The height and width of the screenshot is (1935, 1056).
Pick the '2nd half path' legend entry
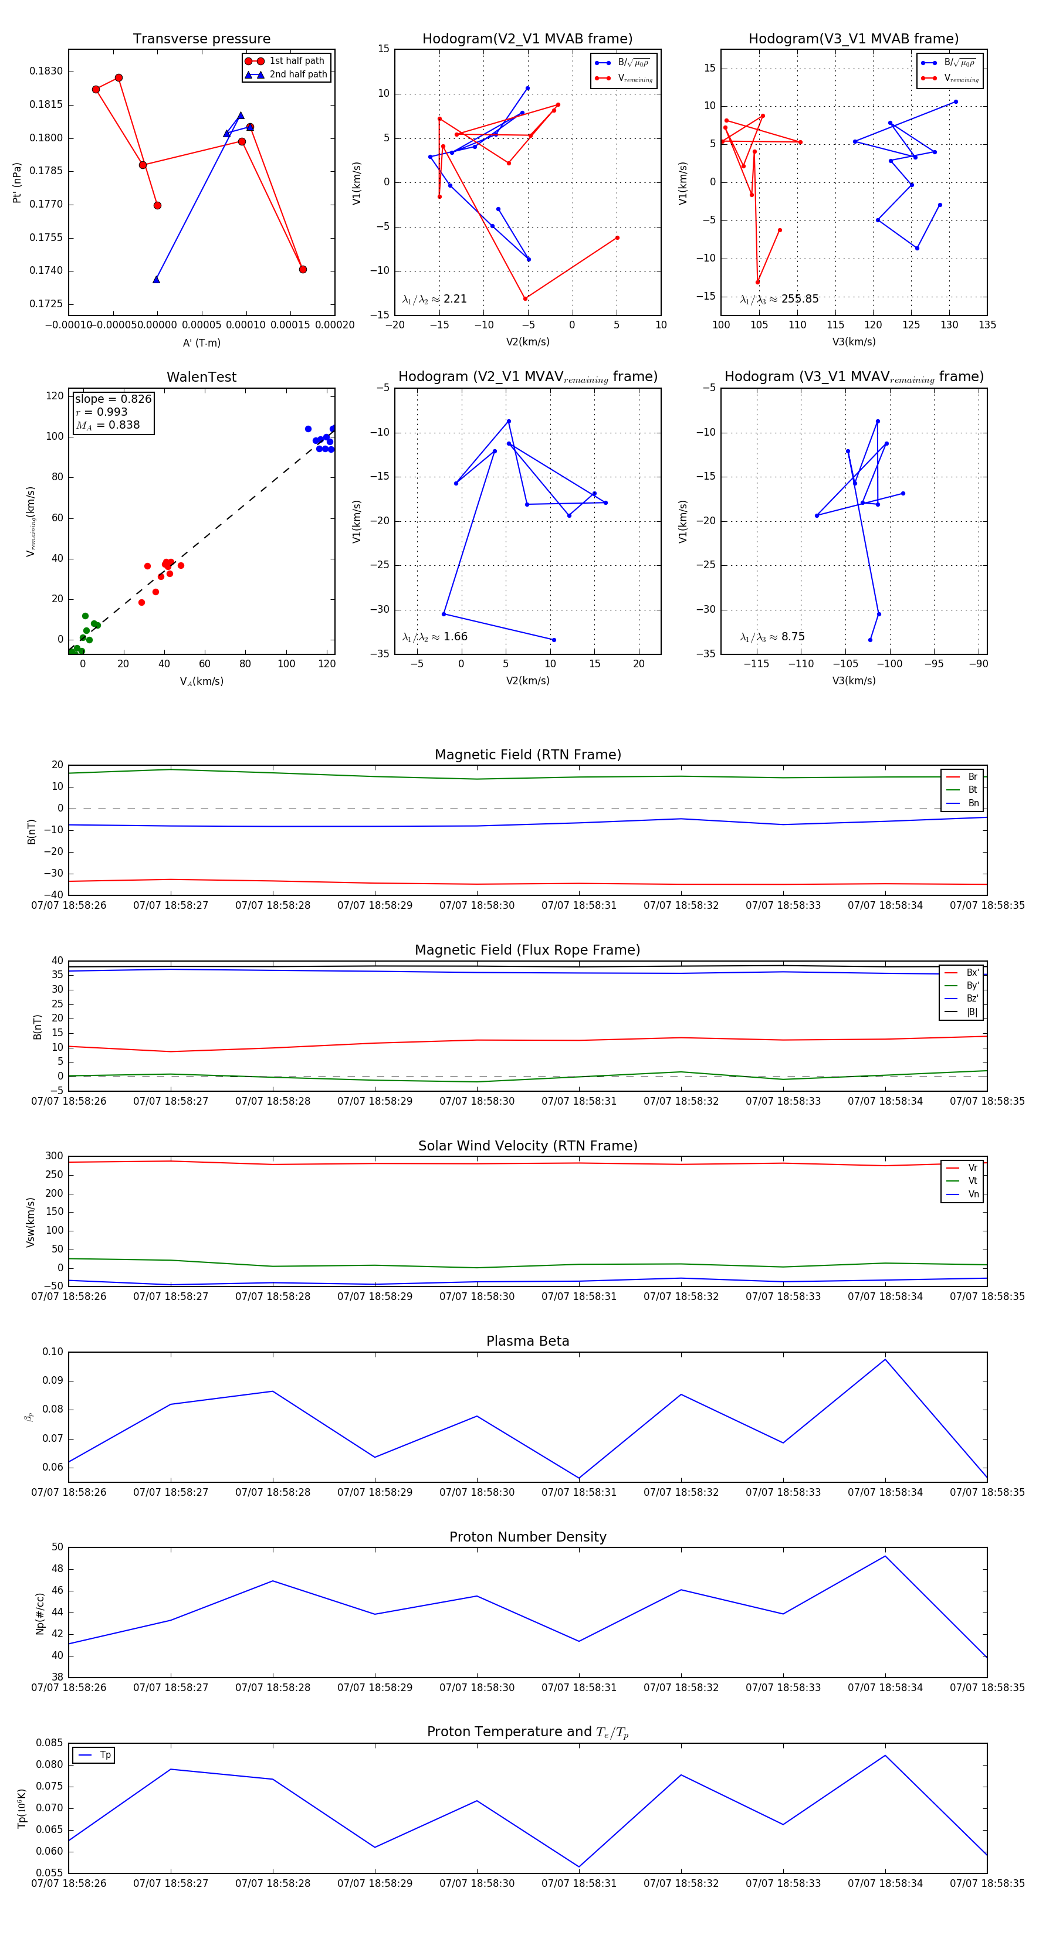pyautogui.click(x=297, y=74)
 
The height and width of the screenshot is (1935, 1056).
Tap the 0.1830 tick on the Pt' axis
pyautogui.click(x=46, y=72)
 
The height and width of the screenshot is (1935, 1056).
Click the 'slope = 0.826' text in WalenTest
pyautogui.click(x=113, y=399)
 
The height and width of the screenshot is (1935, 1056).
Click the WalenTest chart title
pyautogui.click(x=201, y=377)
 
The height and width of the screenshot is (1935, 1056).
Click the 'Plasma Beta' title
pyautogui.click(x=527, y=1341)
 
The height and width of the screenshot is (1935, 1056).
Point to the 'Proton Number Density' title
pyautogui.click(x=527, y=1537)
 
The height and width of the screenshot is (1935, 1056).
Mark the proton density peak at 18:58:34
pyautogui.click(x=885, y=1556)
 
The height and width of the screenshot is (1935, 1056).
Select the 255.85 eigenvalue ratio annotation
pyautogui.click(x=780, y=299)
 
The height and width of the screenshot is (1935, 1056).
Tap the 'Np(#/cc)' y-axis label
pyautogui.click(x=40, y=1614)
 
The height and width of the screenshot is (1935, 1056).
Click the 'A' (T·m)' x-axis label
pyautogui.click(x=201, y=342)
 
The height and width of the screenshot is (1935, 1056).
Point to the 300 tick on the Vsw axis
pyautogui.click(x=54, y=1156)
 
